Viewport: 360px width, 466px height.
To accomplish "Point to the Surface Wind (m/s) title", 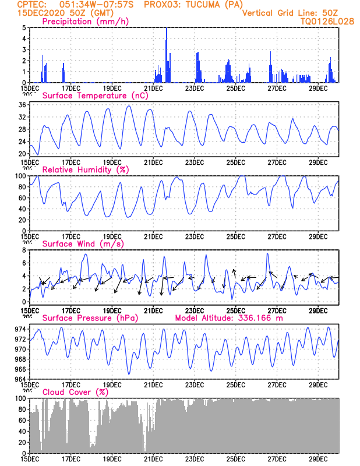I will coord(82,243).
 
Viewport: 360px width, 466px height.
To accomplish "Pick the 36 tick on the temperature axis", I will coord(22,105).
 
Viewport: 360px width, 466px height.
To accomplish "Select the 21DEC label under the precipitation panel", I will coord(153,88).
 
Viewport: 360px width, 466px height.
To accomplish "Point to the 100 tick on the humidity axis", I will coord(20,176).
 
